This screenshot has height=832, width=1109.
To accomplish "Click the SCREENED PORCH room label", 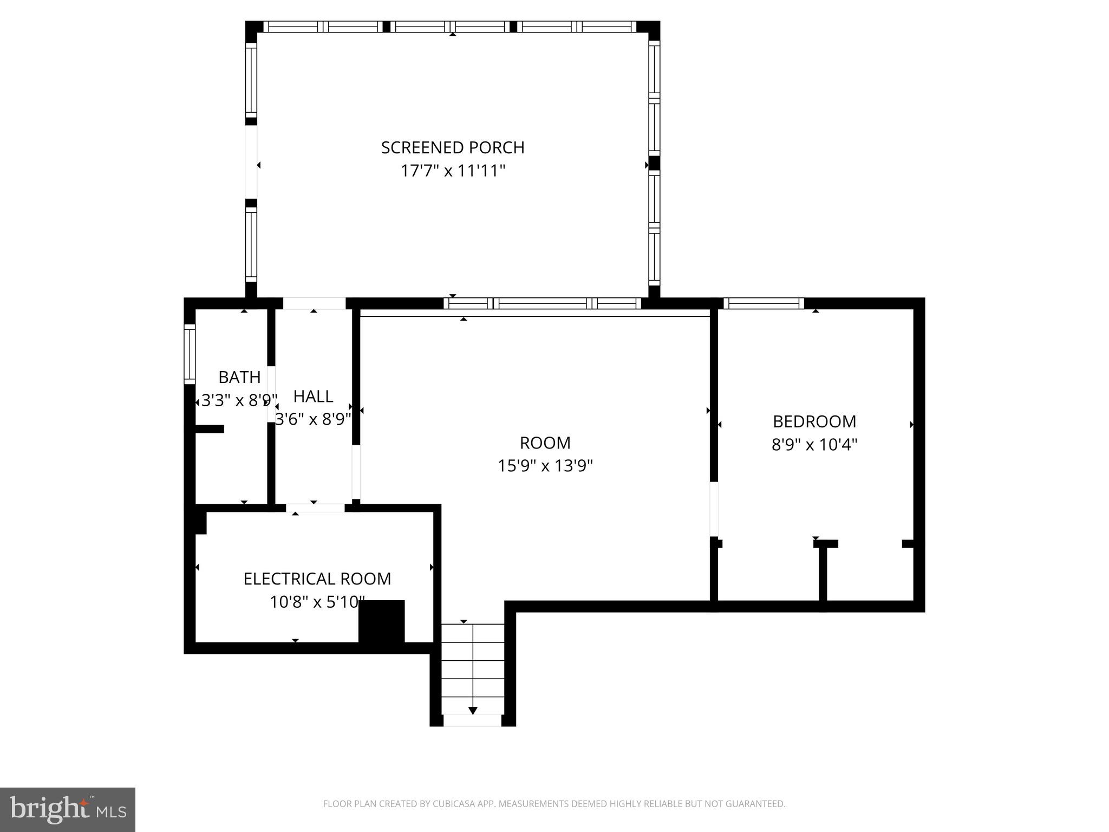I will [453, 147].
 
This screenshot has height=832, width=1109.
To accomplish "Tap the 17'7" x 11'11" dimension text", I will [453, 171].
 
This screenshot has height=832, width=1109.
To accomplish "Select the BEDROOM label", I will [814, 421].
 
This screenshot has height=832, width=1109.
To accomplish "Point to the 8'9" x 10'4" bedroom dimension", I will [814, 445].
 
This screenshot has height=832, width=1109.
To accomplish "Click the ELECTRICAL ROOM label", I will [317, 579].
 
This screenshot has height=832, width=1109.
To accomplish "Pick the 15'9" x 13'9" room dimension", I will [545, 466].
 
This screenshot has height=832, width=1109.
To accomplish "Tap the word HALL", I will [313, 396].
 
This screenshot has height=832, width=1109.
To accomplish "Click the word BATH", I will [239, 377].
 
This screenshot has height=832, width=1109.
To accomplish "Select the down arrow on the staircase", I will [473, 710].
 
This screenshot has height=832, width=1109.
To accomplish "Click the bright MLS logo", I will [68, 809].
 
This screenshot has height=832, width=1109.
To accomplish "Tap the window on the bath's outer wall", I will [190, 354].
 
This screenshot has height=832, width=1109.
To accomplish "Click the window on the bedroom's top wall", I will [764, 303].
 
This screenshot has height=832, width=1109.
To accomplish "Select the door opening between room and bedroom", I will [714, 509].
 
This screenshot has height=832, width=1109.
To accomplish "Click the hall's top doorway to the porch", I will [314, 303].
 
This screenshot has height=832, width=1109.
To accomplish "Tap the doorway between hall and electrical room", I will [315, 508].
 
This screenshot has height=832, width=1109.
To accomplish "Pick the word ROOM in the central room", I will [545, 443].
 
